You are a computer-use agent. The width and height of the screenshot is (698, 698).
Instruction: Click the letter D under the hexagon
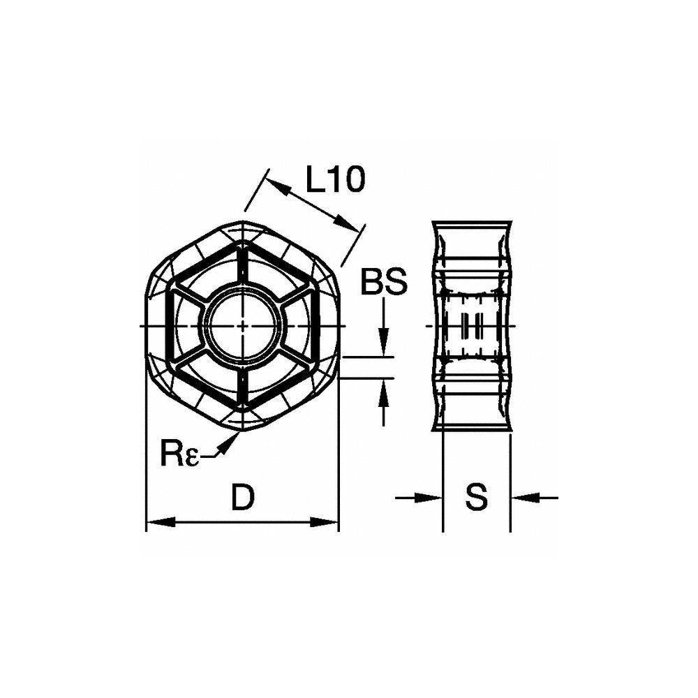[x=242, y=498]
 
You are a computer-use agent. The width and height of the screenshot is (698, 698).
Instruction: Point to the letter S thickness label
[x=477, y=498]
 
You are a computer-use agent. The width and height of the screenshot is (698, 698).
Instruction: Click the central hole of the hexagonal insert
[x=242, y=327]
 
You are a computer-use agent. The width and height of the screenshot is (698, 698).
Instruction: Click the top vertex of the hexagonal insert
[x=242, y=222]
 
